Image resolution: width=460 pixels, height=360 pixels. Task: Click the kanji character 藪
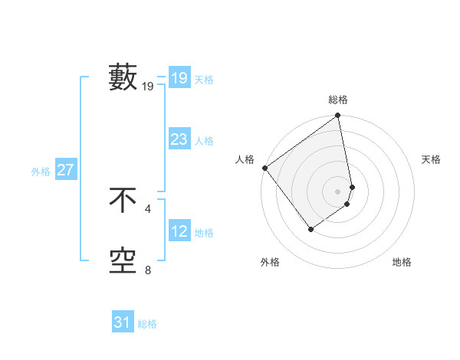pyautogui.click(x=123, y=77)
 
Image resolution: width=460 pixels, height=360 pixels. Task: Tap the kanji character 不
pyautogui.click(x=123, y=201)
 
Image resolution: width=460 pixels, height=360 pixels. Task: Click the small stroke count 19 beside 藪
pyautogui.click(x=148, y=87)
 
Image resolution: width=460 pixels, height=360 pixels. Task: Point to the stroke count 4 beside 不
pyautogui.click(x=148, y=208)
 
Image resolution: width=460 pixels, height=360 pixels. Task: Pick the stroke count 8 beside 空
pyautogui.click(x=148, y=270)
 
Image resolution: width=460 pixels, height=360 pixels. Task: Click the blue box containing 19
pyautogui.click(x=179, y=77)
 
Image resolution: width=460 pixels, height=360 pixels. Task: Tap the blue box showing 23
pyautogui.click(x=179, y=139)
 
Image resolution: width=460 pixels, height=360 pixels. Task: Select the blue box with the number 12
pyautogui.click(x=179, y=231)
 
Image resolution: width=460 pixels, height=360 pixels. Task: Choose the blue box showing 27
pyautogui.click(x=65, y=170)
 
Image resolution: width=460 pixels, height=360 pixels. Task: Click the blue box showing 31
pyautogui.click(x=122, y=322)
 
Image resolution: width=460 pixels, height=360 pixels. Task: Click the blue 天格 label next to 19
pyautogui.click(x=204, y=80)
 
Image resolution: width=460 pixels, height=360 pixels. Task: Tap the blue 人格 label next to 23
pyautogui.click(x=204, y=141)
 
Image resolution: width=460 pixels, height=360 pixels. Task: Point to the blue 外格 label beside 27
pyautogui.click(x=41, y=172)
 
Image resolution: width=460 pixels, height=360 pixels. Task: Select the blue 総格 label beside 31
pyautogui.click(x=147, y=324)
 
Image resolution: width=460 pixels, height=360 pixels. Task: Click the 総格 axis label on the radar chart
pyautogui.click(x=338, y=100)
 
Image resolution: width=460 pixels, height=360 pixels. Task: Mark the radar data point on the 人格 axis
pyautogui.click(x=264, y=168)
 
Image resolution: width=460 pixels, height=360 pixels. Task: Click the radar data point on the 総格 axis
pyautogui.click(x=338, y=116)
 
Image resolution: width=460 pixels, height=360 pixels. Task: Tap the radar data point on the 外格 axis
pyautogui.click(x=310, y=228)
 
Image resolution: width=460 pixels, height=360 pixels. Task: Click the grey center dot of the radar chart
pyautogui.click(x=338, y=191)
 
